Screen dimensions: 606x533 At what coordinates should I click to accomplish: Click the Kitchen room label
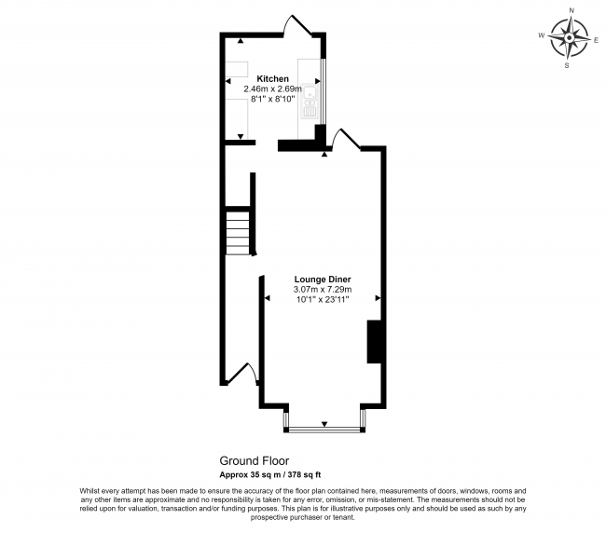point(273,79)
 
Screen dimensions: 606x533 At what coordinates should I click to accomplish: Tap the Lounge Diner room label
point(323,280)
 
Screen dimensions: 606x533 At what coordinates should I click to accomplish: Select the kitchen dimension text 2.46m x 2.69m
point(272,89)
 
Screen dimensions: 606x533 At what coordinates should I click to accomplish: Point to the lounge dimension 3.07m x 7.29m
point(323,289)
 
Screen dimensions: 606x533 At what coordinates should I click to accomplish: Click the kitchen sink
point(310,102)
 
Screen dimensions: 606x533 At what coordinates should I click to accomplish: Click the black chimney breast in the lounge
point(374,341)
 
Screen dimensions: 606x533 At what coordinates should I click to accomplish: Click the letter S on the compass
point(567,65)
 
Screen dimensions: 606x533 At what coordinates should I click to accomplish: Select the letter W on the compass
point(542,35)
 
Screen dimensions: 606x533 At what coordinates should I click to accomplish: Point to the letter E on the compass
point(596,40)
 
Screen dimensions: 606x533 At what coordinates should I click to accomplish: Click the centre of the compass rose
point(569,38)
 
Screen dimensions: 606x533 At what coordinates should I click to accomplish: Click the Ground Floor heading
point(254,460)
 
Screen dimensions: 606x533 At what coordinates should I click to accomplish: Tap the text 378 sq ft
point(304,474)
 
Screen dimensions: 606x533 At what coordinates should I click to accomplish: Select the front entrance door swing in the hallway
point(242,373)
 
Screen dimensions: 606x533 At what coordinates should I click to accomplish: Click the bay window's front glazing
point(324,429)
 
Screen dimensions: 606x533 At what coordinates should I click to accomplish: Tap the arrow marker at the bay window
point(324,424)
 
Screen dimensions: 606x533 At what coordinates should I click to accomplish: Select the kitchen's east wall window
point(324,92)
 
